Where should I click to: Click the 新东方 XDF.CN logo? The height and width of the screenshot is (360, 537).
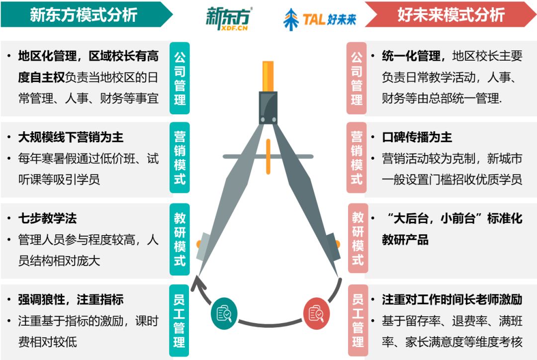tap(228, 18)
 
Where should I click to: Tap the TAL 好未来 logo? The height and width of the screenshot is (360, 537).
tap(320, 19)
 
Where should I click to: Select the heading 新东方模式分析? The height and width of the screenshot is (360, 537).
tap(84, 15)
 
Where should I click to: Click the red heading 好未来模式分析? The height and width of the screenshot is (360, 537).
tap(450, 15)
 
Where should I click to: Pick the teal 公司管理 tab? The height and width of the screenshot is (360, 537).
tap(179, 78)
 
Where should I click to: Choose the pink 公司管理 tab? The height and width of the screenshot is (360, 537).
tap(357, 78)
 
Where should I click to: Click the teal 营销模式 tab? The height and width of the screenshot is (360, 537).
tap(179, 158)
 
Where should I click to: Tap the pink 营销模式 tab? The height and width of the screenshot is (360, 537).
tap(357, 158)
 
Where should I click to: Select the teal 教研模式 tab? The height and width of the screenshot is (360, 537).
tap(179, 239)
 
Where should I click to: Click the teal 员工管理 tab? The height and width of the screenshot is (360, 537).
tap(179, 321)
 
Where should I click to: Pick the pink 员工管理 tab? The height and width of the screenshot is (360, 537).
tap(358, 321)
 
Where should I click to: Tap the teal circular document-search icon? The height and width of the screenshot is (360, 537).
tap(224, 314)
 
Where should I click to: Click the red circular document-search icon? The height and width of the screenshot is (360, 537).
tap(316, 314)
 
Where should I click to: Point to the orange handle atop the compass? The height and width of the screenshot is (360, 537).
tap(268, 76)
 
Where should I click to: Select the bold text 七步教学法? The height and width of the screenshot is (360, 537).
tap(47, 218)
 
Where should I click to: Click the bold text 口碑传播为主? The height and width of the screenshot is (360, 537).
tap(417, 137)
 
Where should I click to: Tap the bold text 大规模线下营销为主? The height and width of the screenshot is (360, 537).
tap(71, 137)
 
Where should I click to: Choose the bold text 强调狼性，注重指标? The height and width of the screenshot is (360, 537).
tap(71, 299)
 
